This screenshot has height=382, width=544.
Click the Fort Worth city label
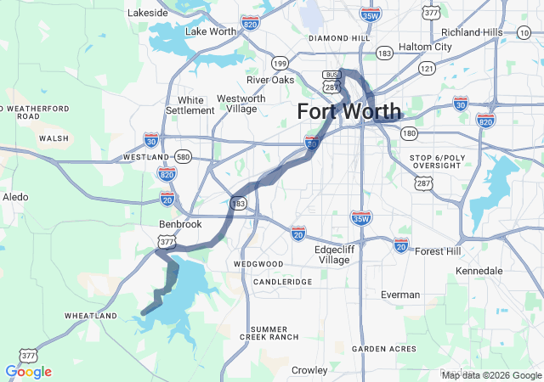tap(349, 111)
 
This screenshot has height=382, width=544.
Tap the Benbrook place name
tap(180, 224)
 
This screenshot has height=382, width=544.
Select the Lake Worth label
tap(211, 31)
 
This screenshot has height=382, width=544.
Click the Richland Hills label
tap(472, 31)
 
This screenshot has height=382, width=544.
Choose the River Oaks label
tap(270, 80)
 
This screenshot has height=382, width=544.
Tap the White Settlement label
tap(190, 104)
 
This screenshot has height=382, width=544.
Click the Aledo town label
tap(15, 197)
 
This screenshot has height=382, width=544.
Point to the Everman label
tap(400, 295)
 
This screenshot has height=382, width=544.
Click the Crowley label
tap(309, 370)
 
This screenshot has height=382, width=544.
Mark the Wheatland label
tap(90, 316)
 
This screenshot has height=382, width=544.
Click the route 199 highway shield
tap(280, 64)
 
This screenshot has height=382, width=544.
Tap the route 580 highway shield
tap(184, 157)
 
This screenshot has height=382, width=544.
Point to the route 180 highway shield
tap(410, 133)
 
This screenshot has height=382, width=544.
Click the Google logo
tap(28, 372)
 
